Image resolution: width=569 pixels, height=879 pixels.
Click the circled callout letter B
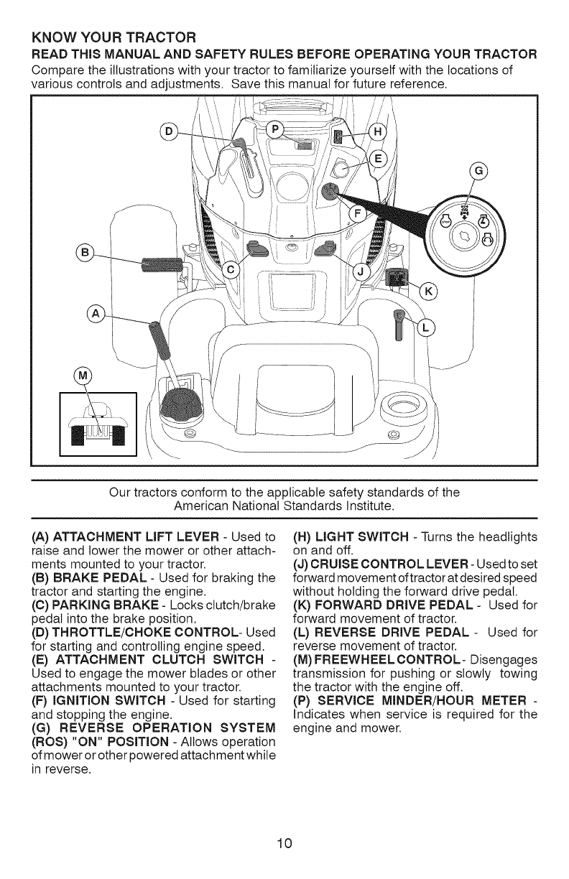pos(84,253)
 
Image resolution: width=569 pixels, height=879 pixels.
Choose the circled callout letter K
pos(429,292)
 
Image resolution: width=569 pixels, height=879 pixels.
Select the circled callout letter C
pos(231,269)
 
